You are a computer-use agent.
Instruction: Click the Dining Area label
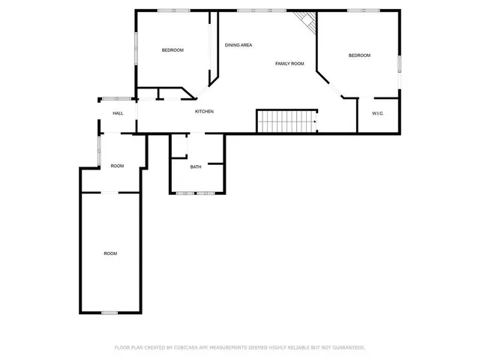pyautogui.click(x=238, y=45)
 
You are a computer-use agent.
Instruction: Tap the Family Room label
pyautogui.click(x=289, y=64)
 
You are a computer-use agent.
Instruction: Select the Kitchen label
pyautogui.click(x=204, y=112)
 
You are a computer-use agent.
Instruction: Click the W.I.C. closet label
pyautogui.click(x=378, y=113)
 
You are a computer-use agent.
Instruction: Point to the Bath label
pyautogui.click(x=196, y=166)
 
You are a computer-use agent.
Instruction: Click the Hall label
pyautogui.click(x=118, y=113)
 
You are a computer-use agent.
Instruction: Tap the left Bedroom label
pyautogui.click(x=172, y=50)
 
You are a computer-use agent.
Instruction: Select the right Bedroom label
pyautogui.click(x=359, y=55)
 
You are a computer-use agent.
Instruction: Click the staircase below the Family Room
pyautogui.click(x=286, y=121)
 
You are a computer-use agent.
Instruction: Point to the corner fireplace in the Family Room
pyautogui.click(x=307, y=22)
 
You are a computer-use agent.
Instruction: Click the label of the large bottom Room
pyautogui.click(x=110, y=253)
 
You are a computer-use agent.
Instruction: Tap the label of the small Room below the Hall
pyautogui.click(x=117, y=166)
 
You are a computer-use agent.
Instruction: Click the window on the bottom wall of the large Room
pyautogui.click(x=109, y=313)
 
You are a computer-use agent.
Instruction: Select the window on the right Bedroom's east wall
pyautogui.click(x=400, y=64)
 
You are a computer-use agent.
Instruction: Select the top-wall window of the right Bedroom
pyautogui.click(x=358, y=10)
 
